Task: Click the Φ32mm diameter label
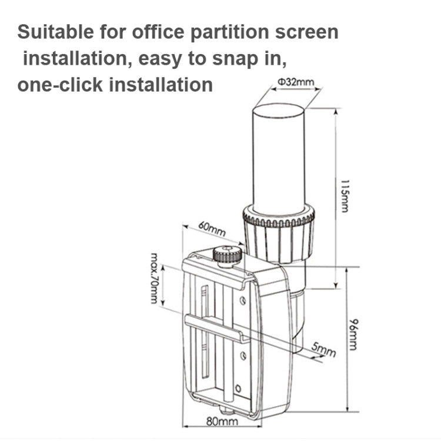coord(297,82)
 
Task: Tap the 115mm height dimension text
coord(343,196)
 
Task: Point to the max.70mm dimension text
coord(155,278)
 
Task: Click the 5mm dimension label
coord(323,350)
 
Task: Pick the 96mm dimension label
coord(353,333)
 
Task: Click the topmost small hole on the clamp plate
coord(242,300)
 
